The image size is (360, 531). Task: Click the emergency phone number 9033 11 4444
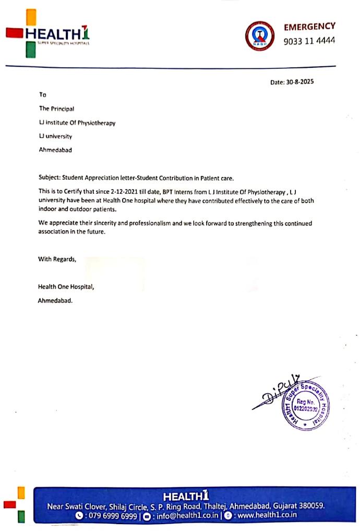309,41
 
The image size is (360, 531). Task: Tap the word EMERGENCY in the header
309,26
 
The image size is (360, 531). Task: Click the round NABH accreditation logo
259,35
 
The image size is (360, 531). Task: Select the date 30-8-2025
299,82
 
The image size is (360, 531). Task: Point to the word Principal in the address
63,109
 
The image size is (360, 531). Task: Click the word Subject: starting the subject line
50,178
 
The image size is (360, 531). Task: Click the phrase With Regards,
57,259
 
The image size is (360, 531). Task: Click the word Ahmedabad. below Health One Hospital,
55,301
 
